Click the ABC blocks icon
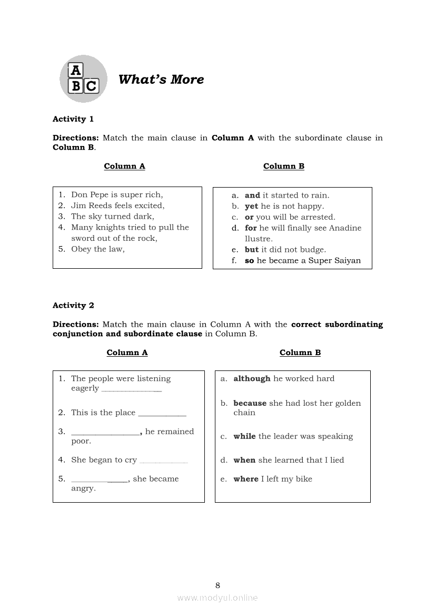[x=83, y=79]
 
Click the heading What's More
[x=161, y=80]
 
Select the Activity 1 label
[x=73, y=119]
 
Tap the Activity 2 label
[x=73, y=305]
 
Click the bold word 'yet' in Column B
[x=251, y=206]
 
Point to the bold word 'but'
[x=252, y=250]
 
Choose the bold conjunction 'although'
[x=252, y=378]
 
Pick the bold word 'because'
[x=250, y=403]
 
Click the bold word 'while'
[x=244, y=436]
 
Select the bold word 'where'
[x=246, y=479]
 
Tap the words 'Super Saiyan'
[x=334, y=261]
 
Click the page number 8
[x=217, y=585]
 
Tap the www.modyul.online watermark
[x=217, y=598]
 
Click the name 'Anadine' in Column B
[x=345, y=228]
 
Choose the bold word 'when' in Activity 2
[x=244, y=460]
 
